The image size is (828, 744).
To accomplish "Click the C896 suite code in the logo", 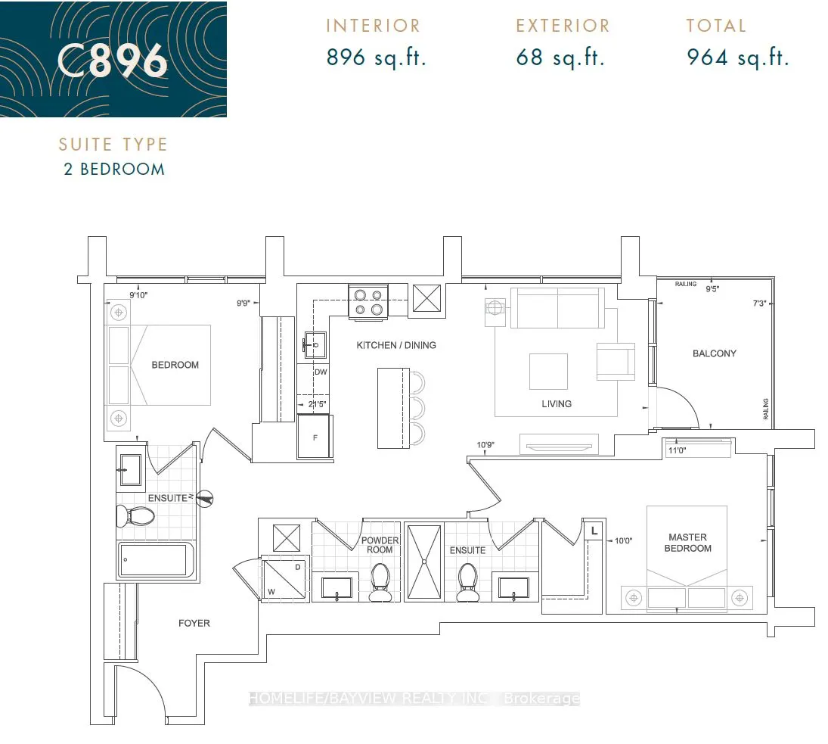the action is [x=113, y=61].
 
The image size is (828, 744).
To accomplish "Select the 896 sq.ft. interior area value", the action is [x=376, y=57].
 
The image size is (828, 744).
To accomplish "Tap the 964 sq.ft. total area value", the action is [x=738, y=57].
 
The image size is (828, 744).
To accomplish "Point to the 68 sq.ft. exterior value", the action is [x=560, y=57].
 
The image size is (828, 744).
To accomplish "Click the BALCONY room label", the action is [x=714, y=353].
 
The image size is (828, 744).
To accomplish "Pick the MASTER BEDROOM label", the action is [x=687, y=543].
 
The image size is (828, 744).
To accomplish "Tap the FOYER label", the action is [x=194, y=624].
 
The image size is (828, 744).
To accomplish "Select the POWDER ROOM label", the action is [x=380, y=545].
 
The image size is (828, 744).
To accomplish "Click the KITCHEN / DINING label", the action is [x=396, y=345].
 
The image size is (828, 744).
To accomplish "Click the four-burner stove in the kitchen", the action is [x=368, y=302].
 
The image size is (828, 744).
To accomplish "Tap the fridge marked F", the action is [x=315, y=437].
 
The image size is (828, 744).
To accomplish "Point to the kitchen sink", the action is [x=315, y=345].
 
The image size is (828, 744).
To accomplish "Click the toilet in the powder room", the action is [x=380, y=582].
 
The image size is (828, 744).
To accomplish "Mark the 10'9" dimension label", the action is [x=485, y=445].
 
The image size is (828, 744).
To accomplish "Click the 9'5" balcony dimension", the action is [x=712, y=289].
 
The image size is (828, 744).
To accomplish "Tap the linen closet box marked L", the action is [x=594, y=531].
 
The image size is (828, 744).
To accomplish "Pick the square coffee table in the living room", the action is [x=549, y=372].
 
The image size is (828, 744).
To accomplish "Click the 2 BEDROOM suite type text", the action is [x=114, y=169].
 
